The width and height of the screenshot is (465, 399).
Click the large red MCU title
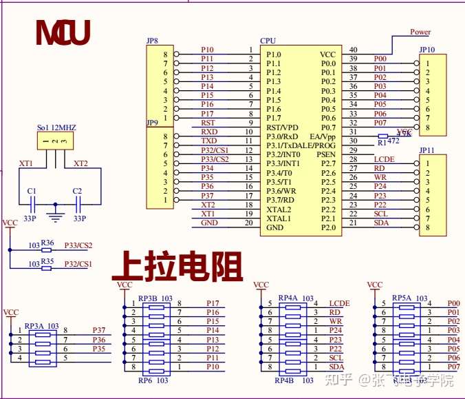tap(63, 33)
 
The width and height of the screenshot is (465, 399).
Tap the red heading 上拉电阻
tap(177, 265)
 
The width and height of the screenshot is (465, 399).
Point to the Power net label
tap(420, 32)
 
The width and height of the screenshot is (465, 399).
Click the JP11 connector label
tap(426, 150)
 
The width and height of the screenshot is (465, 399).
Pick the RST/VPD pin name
tap(282, 127)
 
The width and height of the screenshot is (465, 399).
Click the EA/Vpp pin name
tap(323, 136)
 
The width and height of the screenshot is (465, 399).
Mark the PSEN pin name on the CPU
tap(326, 154)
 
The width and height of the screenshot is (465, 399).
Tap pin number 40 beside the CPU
tap(354, 50)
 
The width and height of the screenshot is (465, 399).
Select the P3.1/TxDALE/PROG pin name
tap(301, 145)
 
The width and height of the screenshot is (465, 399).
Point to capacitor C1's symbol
tap(32, 203)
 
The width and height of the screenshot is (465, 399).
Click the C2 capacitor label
tap(76, 190)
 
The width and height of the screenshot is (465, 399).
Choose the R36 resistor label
tap(47, 243)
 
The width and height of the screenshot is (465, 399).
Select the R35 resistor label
tap(47, 262)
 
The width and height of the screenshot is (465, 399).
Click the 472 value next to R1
tap(393, 141)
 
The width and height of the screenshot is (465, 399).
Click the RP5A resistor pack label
tap(401, 298)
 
